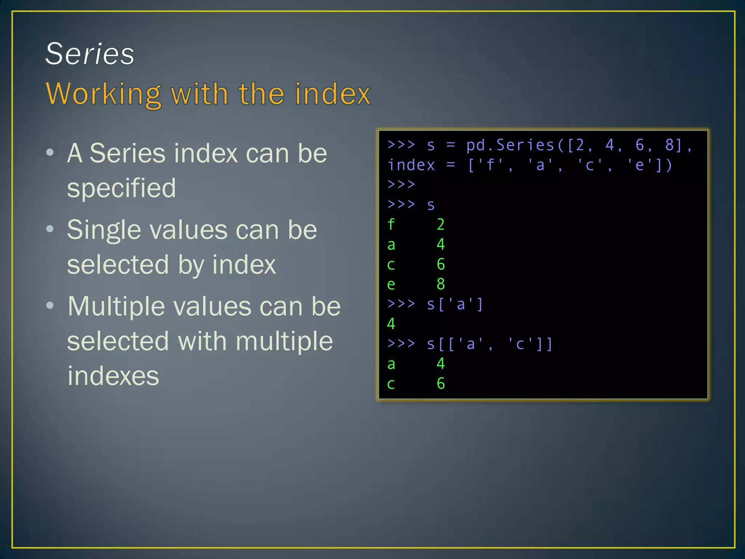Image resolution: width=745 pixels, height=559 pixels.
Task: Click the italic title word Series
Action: click(x=90, y=54)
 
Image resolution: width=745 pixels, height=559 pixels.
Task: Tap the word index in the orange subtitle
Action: click(x=332, y=94)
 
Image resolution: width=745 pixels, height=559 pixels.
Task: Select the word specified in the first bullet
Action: click(x=121, y=188)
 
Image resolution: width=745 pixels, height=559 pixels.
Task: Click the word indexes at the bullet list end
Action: click(x=113, y=376)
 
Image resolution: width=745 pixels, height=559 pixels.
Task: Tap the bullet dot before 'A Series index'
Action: click(x=50, y=152)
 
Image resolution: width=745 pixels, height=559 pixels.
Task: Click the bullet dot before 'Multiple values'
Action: click(x=50, y=305)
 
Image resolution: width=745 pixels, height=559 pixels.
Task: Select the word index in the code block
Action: click(x=411, y=165)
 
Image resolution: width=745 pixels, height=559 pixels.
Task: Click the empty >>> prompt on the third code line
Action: click(x=401, y=185)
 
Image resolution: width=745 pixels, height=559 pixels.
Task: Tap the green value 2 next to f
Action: click(x=441, y=225)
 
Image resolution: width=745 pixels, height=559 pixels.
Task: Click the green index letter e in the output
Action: click(x=391, y=284)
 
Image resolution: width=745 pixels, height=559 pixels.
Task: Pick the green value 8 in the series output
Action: click(x=441, y=284)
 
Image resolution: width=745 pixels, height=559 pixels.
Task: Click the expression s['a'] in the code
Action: click(x=455, y=304)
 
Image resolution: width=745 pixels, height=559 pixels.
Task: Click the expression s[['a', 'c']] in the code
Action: click(x=489, y=344)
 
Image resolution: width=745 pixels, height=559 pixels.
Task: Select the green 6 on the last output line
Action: click(x=441, y=384)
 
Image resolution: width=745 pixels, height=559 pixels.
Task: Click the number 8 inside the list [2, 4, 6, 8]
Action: click(x=669, y=145)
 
